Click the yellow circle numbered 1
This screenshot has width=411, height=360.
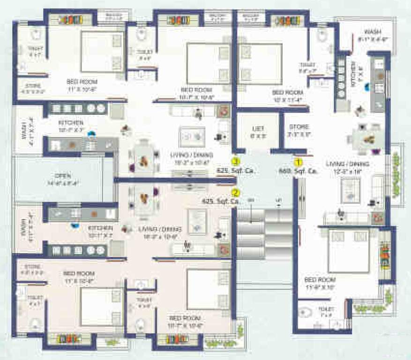297,163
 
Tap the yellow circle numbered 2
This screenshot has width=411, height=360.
236,193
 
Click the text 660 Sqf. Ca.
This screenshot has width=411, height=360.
299,172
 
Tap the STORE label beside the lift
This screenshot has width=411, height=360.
299,127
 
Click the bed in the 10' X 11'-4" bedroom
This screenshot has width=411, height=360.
260,63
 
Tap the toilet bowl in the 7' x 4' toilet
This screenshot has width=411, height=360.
305,313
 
